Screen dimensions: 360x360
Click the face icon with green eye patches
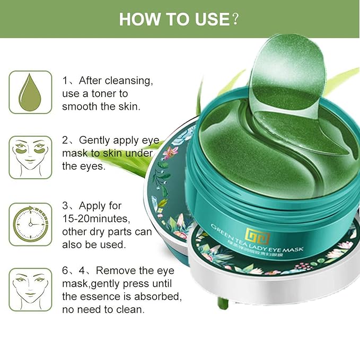point(30,157)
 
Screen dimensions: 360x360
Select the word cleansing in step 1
point(129,81)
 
